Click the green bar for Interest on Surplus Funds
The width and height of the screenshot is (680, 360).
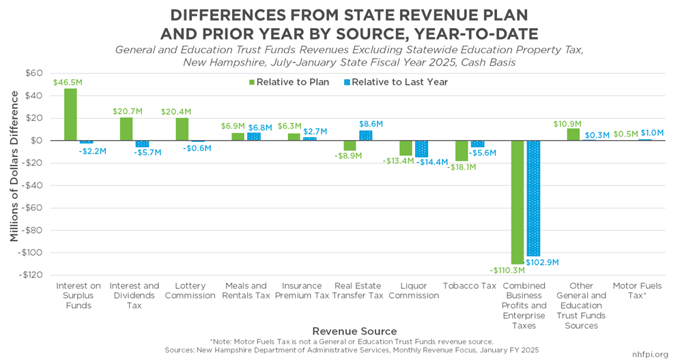pos(70,114)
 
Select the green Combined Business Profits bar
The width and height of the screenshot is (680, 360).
pos(518,202)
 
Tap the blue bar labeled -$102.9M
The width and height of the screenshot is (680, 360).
pos(533,198)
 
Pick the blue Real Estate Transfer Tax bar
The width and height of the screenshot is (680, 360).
pos(365,135)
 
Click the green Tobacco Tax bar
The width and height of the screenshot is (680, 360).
pos(462,150)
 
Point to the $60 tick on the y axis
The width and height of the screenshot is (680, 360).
pos(33,73)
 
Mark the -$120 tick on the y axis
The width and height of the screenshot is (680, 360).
pos(30,275)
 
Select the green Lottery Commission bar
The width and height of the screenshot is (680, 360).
pos(182,129)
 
